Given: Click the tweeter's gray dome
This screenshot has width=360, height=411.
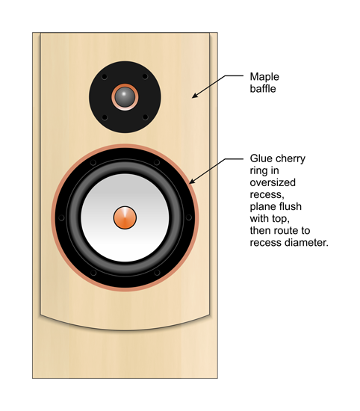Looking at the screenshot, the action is click(125, 96).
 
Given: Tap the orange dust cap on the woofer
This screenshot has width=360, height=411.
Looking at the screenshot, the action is click(125, 217).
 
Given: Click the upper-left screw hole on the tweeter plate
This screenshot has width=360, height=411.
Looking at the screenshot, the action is click(105, 77).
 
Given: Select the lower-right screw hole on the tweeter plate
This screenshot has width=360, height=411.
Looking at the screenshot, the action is click(145, 117).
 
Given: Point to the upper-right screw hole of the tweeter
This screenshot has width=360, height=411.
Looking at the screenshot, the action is click(145, 76).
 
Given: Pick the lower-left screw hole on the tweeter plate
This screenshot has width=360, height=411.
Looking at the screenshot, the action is click(105, 117).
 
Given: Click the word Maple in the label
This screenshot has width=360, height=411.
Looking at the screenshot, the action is click(264, 77).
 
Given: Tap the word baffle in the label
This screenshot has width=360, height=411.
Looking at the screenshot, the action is click(263, 89).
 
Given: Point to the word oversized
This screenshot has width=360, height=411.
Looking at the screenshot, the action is click(273, 182).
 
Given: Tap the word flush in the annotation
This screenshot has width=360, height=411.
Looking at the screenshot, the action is click(291, 206).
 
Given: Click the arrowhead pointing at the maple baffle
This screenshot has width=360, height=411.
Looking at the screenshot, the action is click(195, 96).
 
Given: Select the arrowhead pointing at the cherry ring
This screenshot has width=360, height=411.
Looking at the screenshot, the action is click(192, 181).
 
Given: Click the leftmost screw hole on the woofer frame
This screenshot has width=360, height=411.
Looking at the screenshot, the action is click(61, 217).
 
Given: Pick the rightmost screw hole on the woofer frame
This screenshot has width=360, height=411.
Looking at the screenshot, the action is click(189, 217).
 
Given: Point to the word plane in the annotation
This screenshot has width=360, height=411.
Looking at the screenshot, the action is click(264, 207).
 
